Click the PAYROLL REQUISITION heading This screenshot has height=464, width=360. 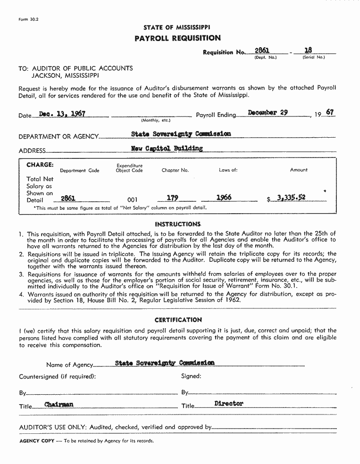pyautogui.click(x=177, y=38)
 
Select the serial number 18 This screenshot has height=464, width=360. pyautogui.click(x=308, y=50)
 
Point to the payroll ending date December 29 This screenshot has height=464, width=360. pyautogui.click(x=268, y=113)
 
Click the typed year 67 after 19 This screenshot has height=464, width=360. pyautogui.click(x=330, y=113)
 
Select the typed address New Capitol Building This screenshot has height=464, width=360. pyautogui.click(x=167, y=148)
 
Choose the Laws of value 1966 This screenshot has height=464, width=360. pyautogui.click(x=224, y=198)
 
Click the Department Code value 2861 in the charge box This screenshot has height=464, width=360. pyautogui.click(x=68, y=199)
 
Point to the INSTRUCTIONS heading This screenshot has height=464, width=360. pyautogui.click(x=178, y=224)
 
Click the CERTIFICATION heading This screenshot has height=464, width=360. pyautogui.click(x=178, y=320)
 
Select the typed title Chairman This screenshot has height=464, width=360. pyautogui.click(x=59, y=405)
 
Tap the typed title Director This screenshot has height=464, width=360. pyautogui.click(x=228, y=404)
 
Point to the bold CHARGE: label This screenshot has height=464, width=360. pyautogui.click(x=40, y=165)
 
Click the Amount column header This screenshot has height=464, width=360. pyautogui.click(x=299, y=170)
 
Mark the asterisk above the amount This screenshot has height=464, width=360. pyautogui.click(x=325, y=191)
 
